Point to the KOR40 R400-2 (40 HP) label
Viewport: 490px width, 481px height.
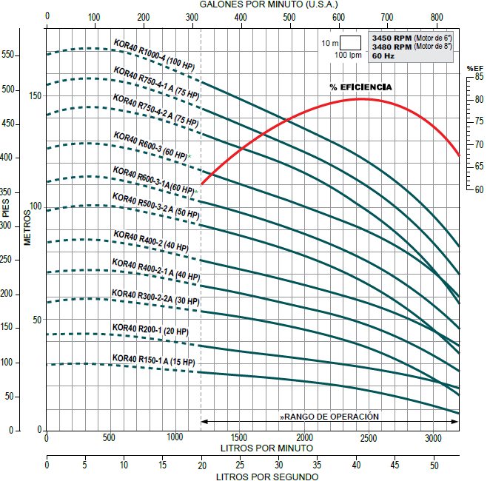[x=151, y=240]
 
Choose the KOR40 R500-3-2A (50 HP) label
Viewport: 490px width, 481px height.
[x=155, y=204]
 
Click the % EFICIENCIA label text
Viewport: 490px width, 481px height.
[x=361, y=87]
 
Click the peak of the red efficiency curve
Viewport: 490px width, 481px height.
[x=360, y=98]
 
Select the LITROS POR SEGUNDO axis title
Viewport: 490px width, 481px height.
[x=266, y=477]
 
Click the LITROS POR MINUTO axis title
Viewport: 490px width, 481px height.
[x=266, y=448]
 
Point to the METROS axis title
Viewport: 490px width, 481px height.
[x=27, y=227]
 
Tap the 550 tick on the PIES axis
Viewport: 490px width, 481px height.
[x=9, y=55]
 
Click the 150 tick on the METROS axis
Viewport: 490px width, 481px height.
[x=35, y=96]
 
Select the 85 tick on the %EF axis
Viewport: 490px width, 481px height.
[x=479, y=76]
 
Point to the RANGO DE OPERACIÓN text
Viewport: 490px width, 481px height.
[x=330, y=417]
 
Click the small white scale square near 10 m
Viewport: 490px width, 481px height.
[x=350, y=43]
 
